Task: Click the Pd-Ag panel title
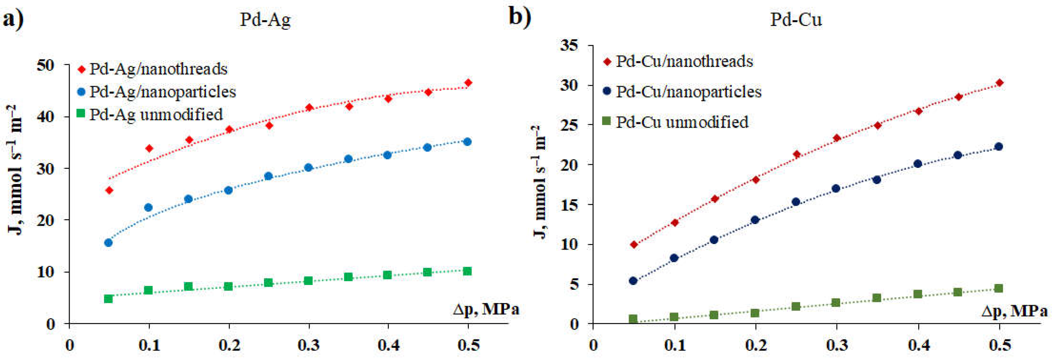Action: [265, 20]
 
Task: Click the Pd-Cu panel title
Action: [796, 20]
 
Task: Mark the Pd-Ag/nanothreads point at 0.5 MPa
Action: [468, 83]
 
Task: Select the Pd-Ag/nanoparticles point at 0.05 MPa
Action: [108, 243]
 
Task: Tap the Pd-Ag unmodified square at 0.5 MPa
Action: [468, 271]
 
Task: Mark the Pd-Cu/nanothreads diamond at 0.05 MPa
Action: [634, 245]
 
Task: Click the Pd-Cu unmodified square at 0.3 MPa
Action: [836, 303]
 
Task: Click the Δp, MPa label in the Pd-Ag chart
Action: [486, 309]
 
